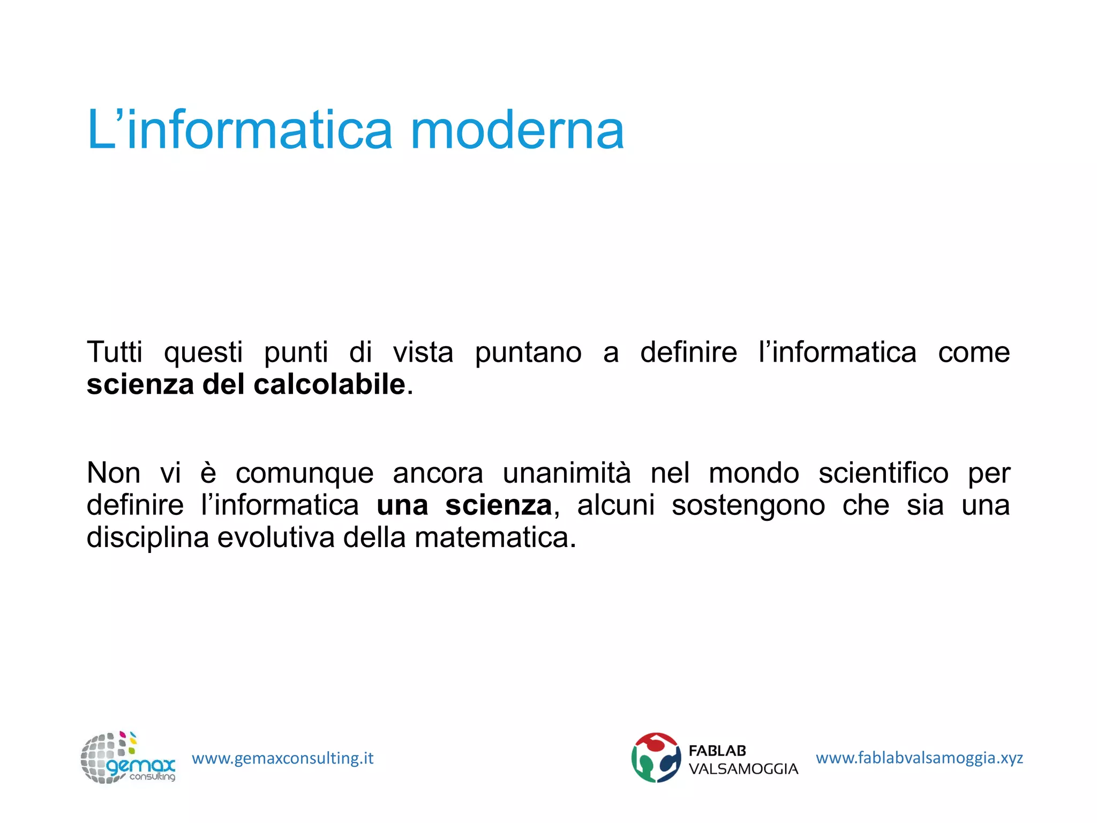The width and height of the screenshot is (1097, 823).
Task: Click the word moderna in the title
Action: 517,130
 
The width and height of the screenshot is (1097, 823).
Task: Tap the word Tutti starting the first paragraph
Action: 115,353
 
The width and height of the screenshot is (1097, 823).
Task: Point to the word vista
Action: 423,353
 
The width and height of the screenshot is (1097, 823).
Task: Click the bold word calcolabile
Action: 329,385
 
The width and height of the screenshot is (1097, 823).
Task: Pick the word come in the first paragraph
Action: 973,353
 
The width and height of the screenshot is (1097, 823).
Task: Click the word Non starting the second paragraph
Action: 114,473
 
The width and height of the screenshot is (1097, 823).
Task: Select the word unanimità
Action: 567,473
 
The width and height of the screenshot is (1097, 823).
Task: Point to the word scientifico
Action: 883,473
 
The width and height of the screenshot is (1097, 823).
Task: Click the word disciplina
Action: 148,538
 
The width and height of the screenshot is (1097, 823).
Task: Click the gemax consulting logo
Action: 127,758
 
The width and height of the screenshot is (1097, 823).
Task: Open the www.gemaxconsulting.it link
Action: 282,758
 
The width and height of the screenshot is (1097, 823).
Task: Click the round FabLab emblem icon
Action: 656,758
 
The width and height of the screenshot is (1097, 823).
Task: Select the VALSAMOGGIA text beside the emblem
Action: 743,769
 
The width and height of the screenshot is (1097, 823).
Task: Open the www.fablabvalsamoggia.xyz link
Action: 919,758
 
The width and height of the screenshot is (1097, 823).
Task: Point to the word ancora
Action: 438,474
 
